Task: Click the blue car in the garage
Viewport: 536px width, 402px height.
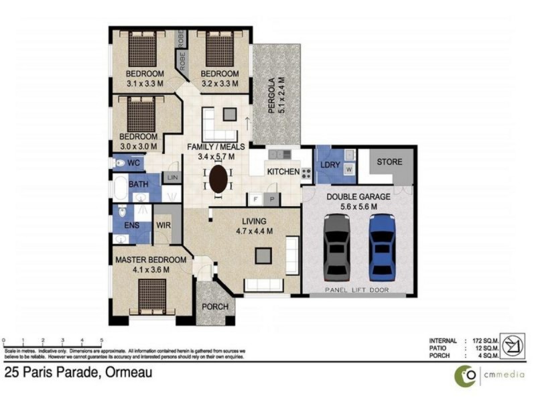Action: pos(382,247)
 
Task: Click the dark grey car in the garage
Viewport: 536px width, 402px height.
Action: pos(337,247)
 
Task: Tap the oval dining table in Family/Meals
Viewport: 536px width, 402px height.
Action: pos(218,179)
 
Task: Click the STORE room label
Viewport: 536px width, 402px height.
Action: pos(389,162)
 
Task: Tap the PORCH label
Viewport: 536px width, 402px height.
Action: pos(215,308)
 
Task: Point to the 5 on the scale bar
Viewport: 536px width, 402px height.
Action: pos(101,340)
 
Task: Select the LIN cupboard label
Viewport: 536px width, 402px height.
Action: pos(172,178)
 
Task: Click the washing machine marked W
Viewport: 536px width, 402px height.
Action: pos(348,170)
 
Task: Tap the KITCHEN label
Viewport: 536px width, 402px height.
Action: pos(283,172)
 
